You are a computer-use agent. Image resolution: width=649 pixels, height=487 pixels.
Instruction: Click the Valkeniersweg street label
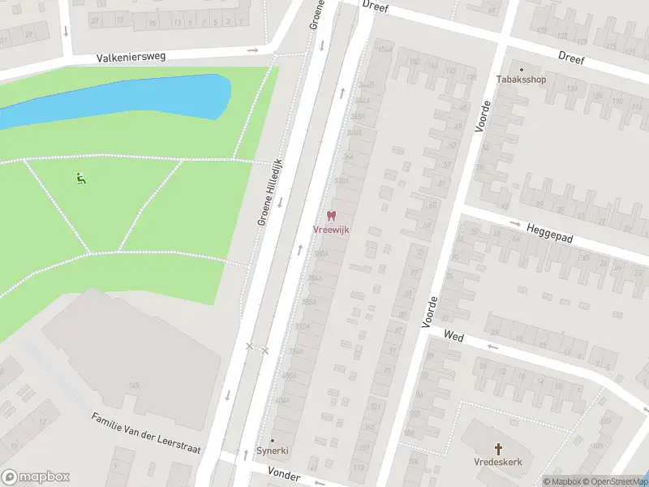(x=131, y=58)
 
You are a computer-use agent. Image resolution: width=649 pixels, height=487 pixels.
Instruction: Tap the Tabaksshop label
(x=521, y=80)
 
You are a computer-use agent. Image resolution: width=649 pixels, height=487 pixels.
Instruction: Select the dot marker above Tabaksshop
(x=521, y=69)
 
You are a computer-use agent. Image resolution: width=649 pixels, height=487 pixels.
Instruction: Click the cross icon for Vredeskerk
(x=499, y=448)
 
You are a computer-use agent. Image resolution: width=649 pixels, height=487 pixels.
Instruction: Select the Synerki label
(x=273, y=450)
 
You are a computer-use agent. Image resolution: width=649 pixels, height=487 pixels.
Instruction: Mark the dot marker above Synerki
(x=273, y=440)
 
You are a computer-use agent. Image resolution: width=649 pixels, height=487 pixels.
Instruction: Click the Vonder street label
(x=284, y=476)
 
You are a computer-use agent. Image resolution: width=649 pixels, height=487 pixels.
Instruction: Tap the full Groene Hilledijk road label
(x=269, y=192)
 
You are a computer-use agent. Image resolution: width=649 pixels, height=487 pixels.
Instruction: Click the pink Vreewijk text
(x=331, y=230)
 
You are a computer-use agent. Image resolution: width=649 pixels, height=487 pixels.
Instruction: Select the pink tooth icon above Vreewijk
(x=331, y=216)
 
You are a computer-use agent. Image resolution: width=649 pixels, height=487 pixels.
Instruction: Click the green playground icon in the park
(x=80, y=179)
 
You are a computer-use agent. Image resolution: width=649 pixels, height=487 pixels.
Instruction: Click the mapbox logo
(x=35, y=477)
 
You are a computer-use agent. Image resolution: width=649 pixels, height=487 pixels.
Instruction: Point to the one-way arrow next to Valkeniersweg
(x=253, y=50)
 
